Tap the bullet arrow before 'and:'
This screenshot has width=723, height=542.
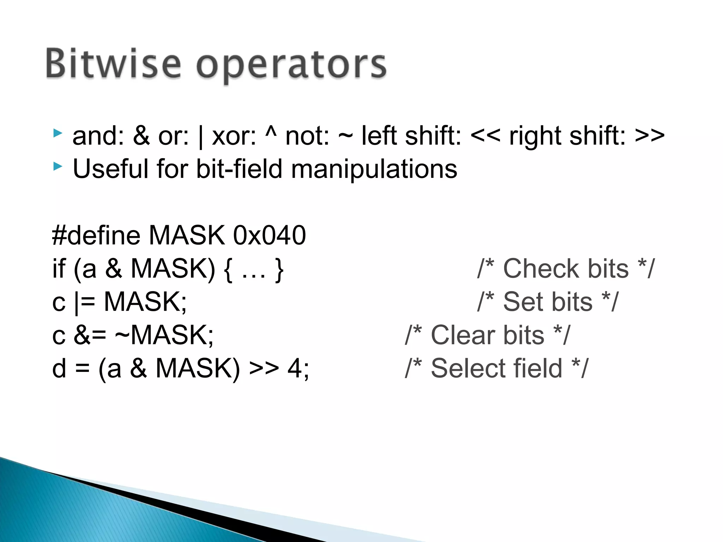[x=58, y=133]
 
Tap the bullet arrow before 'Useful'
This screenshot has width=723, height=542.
[x=58, y=166]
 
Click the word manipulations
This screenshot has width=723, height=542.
[x=374, y=169]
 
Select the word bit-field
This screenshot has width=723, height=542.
[x=239, y=169]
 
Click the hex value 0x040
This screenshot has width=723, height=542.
[x=269, y=235]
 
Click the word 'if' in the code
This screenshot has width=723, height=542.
[x=59, y=269]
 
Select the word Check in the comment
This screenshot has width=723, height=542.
[x=566, y=269]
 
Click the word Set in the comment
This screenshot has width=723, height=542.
[x=548, y=302]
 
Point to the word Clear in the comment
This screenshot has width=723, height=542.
[x=487, y=335]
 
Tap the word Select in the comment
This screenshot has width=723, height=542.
[x=496, y=368]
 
